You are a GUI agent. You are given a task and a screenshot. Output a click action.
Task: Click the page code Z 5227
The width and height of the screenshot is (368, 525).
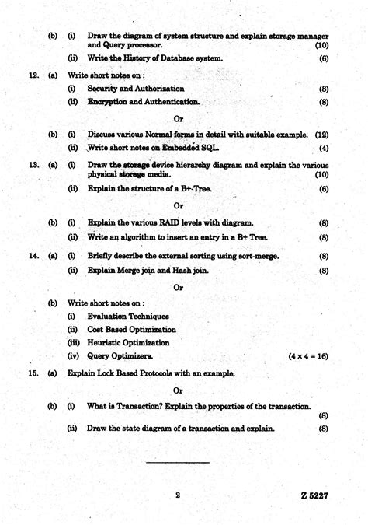click(x=315, y=495)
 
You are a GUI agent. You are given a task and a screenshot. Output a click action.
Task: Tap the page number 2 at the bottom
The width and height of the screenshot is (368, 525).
click(x=178, y=495)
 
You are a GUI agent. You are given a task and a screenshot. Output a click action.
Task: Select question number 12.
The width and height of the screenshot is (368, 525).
click(x=33, y=75)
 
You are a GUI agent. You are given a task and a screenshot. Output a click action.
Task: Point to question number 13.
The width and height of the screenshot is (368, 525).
click(x=33, y=165)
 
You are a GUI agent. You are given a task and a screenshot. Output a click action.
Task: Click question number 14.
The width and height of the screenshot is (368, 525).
click(x=33, y=256)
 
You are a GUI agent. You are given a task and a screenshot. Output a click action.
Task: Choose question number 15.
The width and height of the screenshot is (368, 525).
click(x=33, y=373)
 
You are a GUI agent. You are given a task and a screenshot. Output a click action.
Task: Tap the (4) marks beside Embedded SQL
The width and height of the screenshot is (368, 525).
click(x=323, y=148)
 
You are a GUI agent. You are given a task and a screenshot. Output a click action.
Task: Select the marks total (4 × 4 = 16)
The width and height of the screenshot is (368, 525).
click(x=308, y=355)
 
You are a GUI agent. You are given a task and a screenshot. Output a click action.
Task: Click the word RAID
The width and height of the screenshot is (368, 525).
click(x=163, y=222)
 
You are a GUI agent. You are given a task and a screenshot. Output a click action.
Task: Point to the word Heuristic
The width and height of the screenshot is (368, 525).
click(x=106, y=342)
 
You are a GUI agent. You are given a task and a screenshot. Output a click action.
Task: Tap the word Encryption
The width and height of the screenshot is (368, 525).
click(x=106, y=102)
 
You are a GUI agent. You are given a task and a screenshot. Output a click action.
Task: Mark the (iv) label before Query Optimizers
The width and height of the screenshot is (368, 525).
click(x=73, y=355)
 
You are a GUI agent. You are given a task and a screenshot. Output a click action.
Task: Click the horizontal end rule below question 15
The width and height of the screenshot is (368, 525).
click(x=178, y=463)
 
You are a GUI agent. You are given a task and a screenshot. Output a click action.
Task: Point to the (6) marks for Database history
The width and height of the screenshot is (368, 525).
click(x=323, y=58)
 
